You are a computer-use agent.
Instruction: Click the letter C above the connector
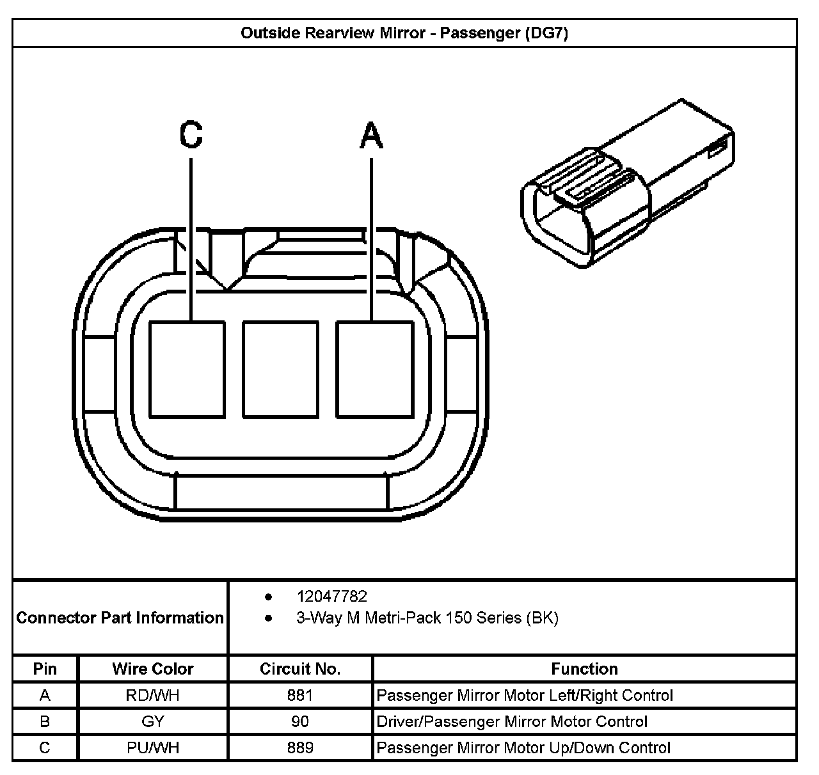[191, 135]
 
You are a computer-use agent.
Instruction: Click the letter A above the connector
[371, 136]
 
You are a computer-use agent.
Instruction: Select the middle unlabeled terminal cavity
[281, 370]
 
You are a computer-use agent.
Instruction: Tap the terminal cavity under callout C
[187, 370]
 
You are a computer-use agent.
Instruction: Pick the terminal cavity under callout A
[375, 370]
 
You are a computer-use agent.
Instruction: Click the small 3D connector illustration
[627, 185]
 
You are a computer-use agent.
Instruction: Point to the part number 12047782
[331, 597]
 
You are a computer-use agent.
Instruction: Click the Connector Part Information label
[120, 618]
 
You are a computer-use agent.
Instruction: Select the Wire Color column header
[152, 669]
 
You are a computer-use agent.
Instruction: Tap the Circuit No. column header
[300, 669]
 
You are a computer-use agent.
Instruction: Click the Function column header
[584, 669]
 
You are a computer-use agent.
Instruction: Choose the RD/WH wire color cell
[152, 695]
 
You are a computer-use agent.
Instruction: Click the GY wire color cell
[152, 721]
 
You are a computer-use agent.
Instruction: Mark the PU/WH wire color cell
[152, 748]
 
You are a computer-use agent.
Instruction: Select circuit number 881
[300, 695]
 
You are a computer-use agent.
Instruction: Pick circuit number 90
[300, 721]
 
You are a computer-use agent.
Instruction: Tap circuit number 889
[300, 748]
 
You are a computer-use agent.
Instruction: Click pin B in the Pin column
[45, 721]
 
